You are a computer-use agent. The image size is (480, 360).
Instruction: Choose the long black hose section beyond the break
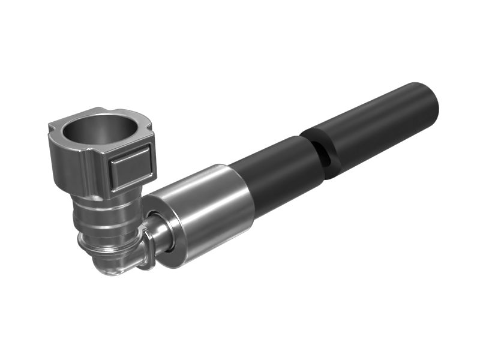point(372,129)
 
